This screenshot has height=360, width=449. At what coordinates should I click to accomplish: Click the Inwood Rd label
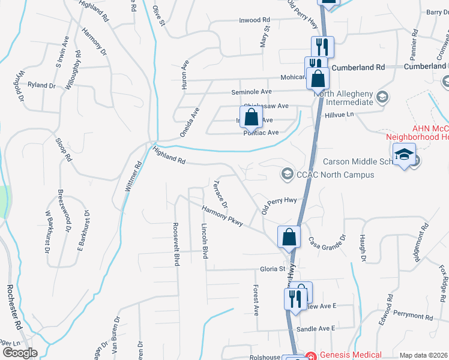tap(256, 19)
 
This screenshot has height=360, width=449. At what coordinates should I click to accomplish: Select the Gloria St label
tap(272, 269)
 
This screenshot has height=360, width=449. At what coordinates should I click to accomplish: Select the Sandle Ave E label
tap(316, 328)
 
